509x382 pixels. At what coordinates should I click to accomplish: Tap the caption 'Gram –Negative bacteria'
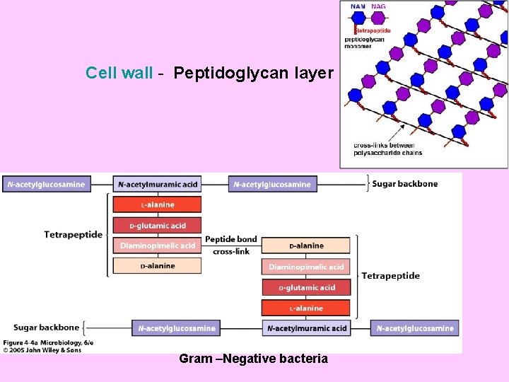click(x=253, y=359)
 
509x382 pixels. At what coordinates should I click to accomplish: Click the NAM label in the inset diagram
click(x=358, y=6)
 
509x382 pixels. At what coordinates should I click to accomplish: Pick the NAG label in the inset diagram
click(x=379, y=6)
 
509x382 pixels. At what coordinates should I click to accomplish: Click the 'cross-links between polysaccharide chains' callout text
click(x=387, y=149)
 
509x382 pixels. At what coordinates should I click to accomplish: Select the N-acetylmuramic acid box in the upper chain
click(x=158, y=185)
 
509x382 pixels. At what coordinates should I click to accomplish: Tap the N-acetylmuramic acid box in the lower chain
click(x=307, y=328)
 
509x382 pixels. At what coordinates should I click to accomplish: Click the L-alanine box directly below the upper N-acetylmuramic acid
click(x=157, y=205)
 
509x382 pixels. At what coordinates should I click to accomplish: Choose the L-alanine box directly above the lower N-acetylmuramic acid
click(x=306, y=308)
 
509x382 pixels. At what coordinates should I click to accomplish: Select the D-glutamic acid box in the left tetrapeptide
click(x=157, y=226)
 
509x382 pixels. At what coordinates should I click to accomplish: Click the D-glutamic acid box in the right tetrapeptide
click(x=306, y=288)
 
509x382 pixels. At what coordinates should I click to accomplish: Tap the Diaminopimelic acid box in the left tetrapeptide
click(x=157, y=246)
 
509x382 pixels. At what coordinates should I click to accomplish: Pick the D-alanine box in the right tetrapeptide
click(x=306, y=246)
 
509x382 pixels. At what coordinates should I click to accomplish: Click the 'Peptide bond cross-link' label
click(x=231, y=245)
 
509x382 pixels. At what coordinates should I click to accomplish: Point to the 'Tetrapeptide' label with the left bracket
click(x=73, y=235)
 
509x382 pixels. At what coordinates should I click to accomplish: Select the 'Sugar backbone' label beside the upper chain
click(x=406, y=184)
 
